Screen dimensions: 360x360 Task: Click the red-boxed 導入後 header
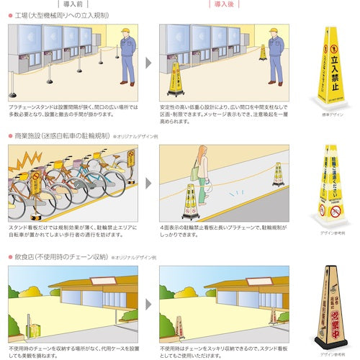222,4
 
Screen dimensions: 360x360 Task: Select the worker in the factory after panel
276,53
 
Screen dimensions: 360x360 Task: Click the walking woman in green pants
202,177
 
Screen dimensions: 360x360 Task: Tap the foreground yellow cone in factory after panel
174,78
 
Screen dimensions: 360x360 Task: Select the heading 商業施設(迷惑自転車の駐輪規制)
62,135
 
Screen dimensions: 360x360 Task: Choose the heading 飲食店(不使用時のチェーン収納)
60,256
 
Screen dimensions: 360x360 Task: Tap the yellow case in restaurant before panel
33,329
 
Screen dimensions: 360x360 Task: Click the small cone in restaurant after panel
179,327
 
